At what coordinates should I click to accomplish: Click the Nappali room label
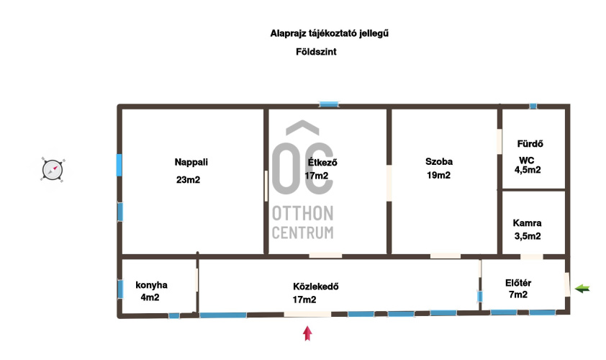191,163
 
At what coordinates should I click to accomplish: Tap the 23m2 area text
189,180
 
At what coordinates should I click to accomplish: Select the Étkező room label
322,163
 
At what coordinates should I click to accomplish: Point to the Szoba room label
439,161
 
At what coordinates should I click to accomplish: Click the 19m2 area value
438,175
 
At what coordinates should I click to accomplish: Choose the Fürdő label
530,144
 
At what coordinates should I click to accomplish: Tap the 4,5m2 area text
528,170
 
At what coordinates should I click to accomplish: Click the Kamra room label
527,223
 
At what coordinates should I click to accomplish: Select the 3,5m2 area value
528,236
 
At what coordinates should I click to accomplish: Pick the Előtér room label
518,283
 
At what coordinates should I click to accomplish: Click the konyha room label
151,285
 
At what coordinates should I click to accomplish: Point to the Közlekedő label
316,287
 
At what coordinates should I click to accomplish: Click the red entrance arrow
307,333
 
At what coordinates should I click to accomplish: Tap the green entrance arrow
582,289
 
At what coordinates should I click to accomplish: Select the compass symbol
53,170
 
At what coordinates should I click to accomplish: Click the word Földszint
316,52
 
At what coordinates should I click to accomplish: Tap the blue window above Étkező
329,104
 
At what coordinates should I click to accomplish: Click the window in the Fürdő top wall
533,106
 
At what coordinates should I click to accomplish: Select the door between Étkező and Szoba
389,184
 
